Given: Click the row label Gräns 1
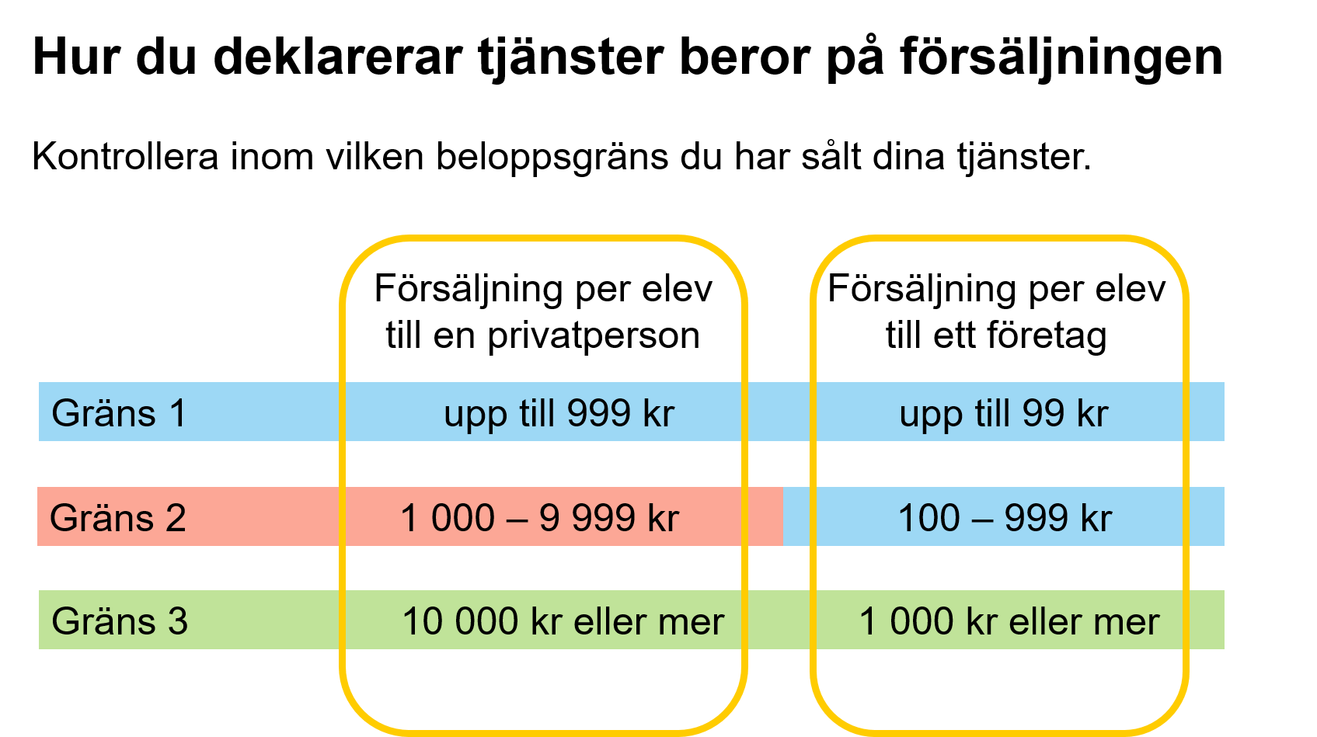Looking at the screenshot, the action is [x=119, y=412].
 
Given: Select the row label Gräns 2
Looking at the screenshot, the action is [x=117, y=518].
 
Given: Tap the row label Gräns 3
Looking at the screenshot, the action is [x=120, y=621].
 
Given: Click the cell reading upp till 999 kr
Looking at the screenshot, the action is [x=559, y=414].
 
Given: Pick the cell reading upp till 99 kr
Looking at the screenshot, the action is [x=1004, y=414].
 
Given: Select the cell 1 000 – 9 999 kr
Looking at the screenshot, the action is [x=540, y=518].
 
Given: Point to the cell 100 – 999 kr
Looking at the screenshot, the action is [x=1005, y=518].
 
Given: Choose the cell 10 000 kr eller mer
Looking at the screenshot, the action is [x=563, y=622].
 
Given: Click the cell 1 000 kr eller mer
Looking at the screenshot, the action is [x=1009, y=622].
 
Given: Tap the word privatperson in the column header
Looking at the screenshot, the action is [x=594, y=337].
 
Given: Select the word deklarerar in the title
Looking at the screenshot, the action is [x=337, y=57].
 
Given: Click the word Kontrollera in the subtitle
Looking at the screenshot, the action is [x=125, y=156].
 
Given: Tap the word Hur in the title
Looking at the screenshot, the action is [x=76, y=57].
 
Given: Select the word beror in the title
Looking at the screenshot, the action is [x=745, y=57].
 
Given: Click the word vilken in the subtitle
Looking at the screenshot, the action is [x=375, y=156].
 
